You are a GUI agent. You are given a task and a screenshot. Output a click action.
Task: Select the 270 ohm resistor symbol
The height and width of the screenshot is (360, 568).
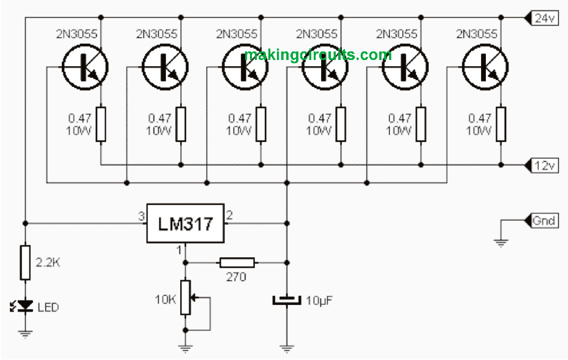(x=238, y=263)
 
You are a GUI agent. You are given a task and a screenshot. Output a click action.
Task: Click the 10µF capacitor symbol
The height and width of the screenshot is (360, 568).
(x=286, y=300)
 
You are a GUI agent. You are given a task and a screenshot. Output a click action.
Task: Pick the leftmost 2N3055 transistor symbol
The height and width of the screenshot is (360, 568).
(x=84, y=67)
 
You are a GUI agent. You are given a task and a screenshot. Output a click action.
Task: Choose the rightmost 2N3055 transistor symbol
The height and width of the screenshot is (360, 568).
(x=485, y=67)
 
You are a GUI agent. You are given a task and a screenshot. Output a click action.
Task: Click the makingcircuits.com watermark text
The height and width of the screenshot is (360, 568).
(x=317, y=55)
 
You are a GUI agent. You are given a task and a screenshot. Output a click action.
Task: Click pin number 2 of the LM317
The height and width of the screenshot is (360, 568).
(x=229, y=215)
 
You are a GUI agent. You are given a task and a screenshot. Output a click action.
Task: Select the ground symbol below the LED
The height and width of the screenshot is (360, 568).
(x=25, y=334)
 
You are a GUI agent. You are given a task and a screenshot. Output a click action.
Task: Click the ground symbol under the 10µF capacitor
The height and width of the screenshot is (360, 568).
(x=286, y=349)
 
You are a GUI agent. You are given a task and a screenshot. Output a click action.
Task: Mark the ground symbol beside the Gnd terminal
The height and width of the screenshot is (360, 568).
(x=501, y=242)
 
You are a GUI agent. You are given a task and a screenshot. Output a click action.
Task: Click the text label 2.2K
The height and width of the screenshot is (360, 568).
(x=48, y=262)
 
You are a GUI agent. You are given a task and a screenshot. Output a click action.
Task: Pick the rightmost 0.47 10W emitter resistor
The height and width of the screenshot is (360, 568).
(x=501, y=124)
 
